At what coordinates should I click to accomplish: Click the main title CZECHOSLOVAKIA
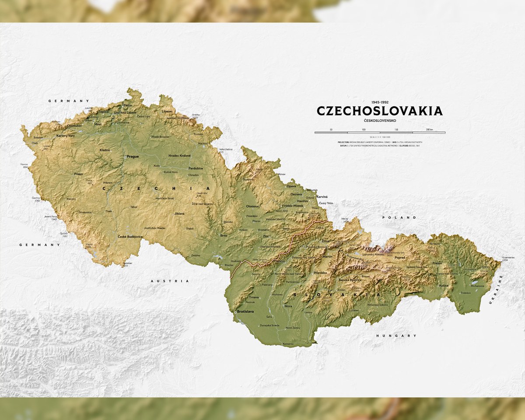click(379, 111)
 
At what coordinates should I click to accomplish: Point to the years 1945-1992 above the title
click(379, 101)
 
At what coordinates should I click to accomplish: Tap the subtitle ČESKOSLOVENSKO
click(379, 120)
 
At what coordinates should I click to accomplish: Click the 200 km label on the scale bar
click(429, 129)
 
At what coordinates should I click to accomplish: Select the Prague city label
click(132, 156)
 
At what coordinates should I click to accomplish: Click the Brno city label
click(224, 235)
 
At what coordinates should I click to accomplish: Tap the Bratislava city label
click(245, 311)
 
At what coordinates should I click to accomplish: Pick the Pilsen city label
click(78, 174)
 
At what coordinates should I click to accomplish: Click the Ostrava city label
click(296, 194)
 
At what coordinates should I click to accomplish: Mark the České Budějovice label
click(130, 236)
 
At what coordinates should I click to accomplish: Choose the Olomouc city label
click(253, 206)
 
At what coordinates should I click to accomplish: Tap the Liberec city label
click(167, 112)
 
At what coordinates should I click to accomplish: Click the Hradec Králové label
click(179, 156)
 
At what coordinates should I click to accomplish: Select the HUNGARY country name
click(396, 336)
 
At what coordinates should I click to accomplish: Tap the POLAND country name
click(393, 217)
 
